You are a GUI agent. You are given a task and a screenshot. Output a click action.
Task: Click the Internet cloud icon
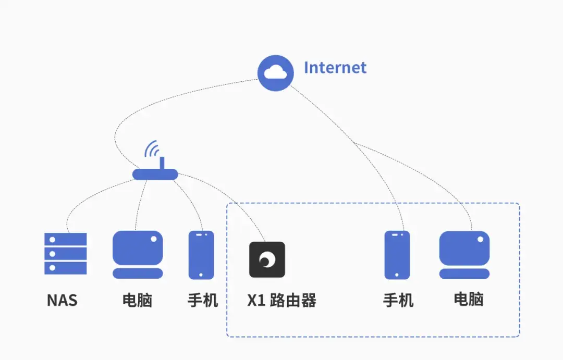(x=276, y=73)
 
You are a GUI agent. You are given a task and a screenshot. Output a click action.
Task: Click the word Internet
(x=335, y=68)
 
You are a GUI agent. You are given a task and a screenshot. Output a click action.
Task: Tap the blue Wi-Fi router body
(x=155, y=174)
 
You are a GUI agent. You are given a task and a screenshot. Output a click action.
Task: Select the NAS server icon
(x=65, y=254)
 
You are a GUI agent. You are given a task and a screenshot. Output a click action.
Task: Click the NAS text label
(x=62, y=301)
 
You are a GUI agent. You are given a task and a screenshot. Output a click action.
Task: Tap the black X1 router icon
(x=267, y=259)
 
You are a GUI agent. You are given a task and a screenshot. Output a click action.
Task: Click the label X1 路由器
(x=281, y=301)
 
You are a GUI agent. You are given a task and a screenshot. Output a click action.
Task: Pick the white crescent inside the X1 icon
(x=268, y=259)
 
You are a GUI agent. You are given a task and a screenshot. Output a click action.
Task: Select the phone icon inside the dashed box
(x=397, y=255)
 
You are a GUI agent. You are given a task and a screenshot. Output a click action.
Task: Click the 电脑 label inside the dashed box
(x=469, y=300)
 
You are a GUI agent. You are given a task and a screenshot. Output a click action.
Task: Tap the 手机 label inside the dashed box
(x=398, y=301)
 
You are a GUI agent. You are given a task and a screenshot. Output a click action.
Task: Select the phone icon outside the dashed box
(x=201, y=255)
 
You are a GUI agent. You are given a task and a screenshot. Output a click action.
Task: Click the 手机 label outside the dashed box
(x=202, y=301)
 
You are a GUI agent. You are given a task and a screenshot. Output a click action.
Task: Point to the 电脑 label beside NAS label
(x=138, y=301)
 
